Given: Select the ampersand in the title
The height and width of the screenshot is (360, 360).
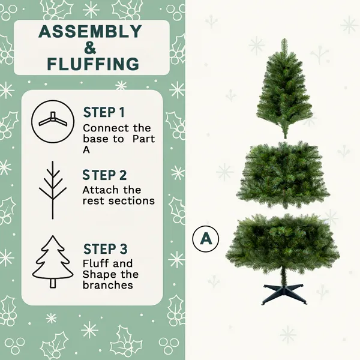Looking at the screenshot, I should tap(90, 47).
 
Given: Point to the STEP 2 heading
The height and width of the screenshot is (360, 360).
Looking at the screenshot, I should tap(105, 175).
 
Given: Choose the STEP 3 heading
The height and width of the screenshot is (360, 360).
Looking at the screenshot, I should tap(105, 248).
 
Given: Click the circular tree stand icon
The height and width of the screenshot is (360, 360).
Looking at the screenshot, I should tap(52, 121).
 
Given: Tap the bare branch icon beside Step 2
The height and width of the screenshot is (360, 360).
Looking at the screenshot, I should tap(53, 190).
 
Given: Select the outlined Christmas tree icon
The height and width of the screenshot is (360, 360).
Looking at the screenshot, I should tap(53, 263).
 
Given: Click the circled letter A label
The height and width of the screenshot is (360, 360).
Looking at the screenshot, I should tap(206, 238).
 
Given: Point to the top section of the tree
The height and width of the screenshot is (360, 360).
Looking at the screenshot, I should tap(284, 81).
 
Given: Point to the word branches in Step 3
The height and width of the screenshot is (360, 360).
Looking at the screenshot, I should tap(107, 285).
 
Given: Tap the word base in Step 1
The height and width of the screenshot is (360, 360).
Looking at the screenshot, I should tap(94, 139).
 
